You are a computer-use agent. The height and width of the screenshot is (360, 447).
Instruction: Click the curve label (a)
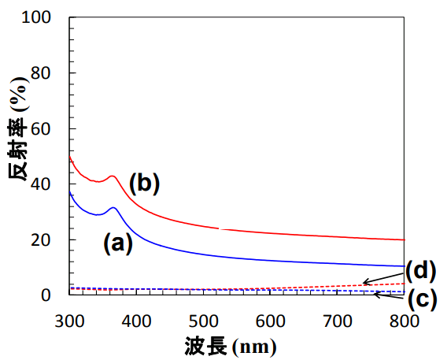click(118, 244)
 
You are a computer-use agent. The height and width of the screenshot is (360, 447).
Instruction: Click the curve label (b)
click(145, 184)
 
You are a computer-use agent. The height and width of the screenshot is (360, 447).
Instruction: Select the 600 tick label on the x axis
click(271, 321)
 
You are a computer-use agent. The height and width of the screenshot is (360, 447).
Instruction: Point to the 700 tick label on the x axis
click(338, 321)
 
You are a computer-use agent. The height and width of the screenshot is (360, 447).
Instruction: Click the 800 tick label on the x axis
click(405, 321)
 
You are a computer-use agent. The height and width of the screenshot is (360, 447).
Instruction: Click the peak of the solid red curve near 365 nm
click(113, 176)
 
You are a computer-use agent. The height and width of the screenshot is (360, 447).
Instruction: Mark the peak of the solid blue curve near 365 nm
click(114, 208)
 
